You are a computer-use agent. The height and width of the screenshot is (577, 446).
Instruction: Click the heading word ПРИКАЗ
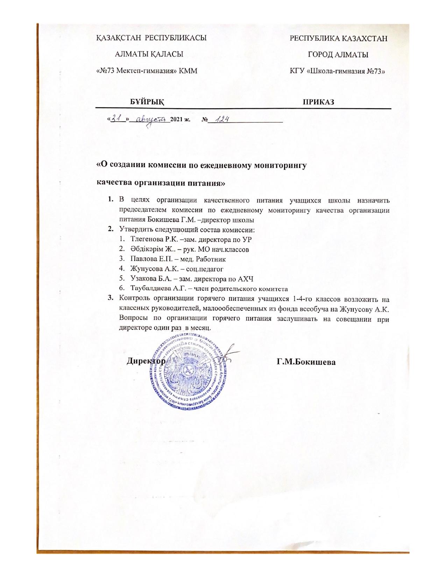tap(318, 102)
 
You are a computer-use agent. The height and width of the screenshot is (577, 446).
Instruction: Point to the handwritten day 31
tap(118, 119)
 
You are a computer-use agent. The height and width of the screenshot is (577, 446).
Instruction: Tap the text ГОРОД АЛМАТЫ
tap(338, 55)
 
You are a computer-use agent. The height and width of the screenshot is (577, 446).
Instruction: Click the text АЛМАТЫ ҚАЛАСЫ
tap(149, 55)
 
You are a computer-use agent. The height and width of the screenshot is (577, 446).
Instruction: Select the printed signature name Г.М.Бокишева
tap(306, 362)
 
